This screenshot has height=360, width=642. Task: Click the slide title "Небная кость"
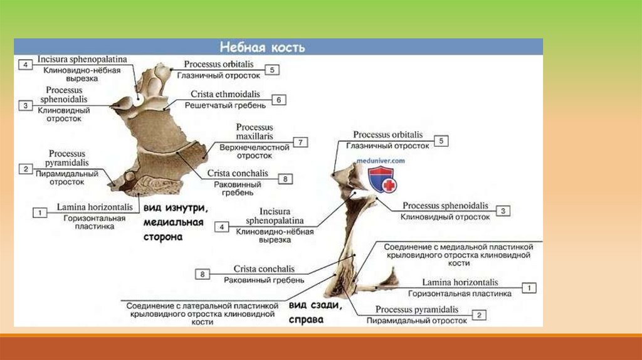click(261, 48)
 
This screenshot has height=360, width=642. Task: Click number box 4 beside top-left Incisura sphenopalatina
click(25, 65)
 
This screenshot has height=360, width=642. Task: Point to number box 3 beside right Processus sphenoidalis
click(502, 211)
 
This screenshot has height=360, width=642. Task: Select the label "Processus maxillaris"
click(254, 132)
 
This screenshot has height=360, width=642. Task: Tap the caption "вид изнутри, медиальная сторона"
click(173, 222)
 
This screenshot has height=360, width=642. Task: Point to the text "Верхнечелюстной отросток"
click(254, 151)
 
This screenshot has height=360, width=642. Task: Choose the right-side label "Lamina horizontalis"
click(460, 283)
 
